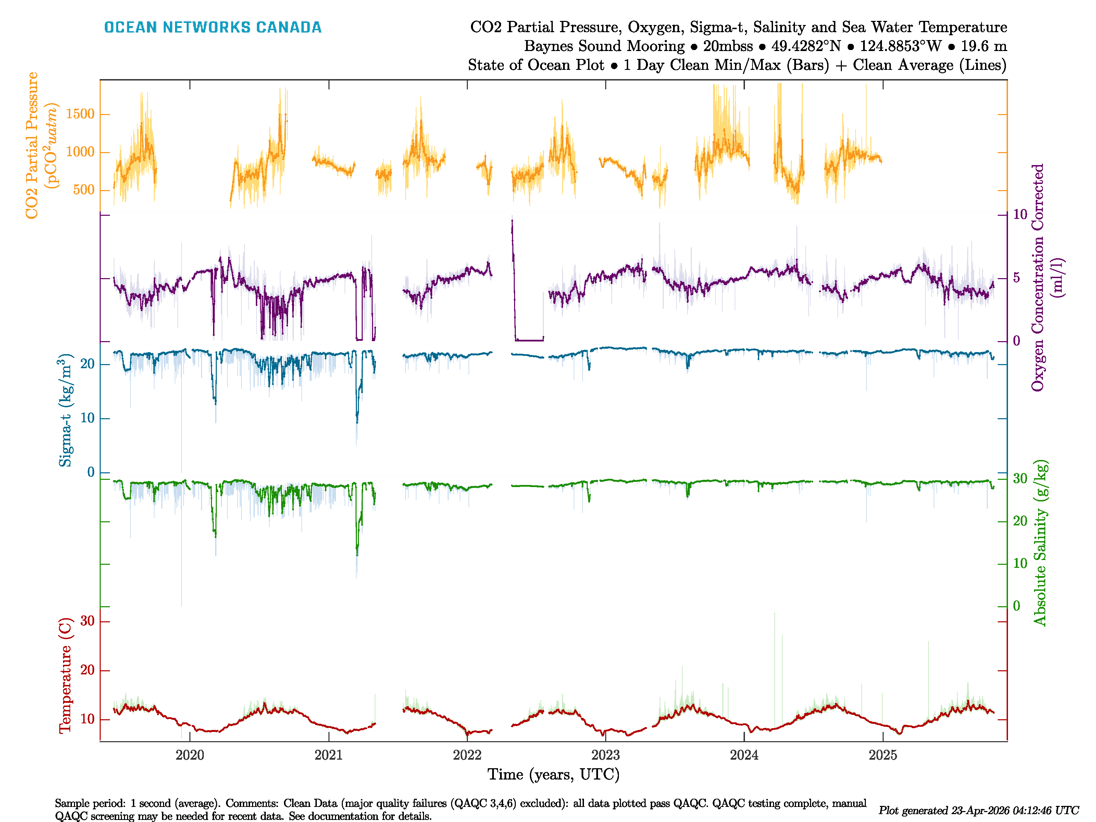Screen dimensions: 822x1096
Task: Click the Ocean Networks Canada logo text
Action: pos(213,27)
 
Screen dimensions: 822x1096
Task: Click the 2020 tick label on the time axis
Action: pos(190,755)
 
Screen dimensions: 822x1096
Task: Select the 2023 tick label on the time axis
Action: pos(606,755)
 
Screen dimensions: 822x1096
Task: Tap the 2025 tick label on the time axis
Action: pos(882,755)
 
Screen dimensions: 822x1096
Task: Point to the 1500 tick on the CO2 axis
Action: pos(80,114)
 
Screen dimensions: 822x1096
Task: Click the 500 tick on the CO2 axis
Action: pos(84,190)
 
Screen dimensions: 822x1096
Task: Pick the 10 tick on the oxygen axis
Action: pos(1020,214)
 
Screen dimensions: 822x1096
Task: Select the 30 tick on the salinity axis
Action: pos(1020,478)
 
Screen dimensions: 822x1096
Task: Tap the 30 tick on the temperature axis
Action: pos(87,621)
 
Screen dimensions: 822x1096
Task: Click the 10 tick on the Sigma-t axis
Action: pos(87,419)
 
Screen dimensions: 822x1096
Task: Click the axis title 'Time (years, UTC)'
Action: pos(553,774)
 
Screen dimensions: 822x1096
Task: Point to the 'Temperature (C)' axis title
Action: pos(65,675)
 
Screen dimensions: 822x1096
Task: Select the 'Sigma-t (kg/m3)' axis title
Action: pos(65,410)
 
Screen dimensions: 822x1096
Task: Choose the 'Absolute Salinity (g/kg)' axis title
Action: pos(1040,543)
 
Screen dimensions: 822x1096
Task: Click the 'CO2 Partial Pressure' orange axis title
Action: pos(32,145)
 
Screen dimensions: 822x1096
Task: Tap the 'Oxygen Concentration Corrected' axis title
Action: pos(1037,277)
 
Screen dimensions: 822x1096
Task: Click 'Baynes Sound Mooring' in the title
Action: pos(604,46)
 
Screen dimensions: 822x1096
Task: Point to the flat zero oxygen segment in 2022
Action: pos(529,340)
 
